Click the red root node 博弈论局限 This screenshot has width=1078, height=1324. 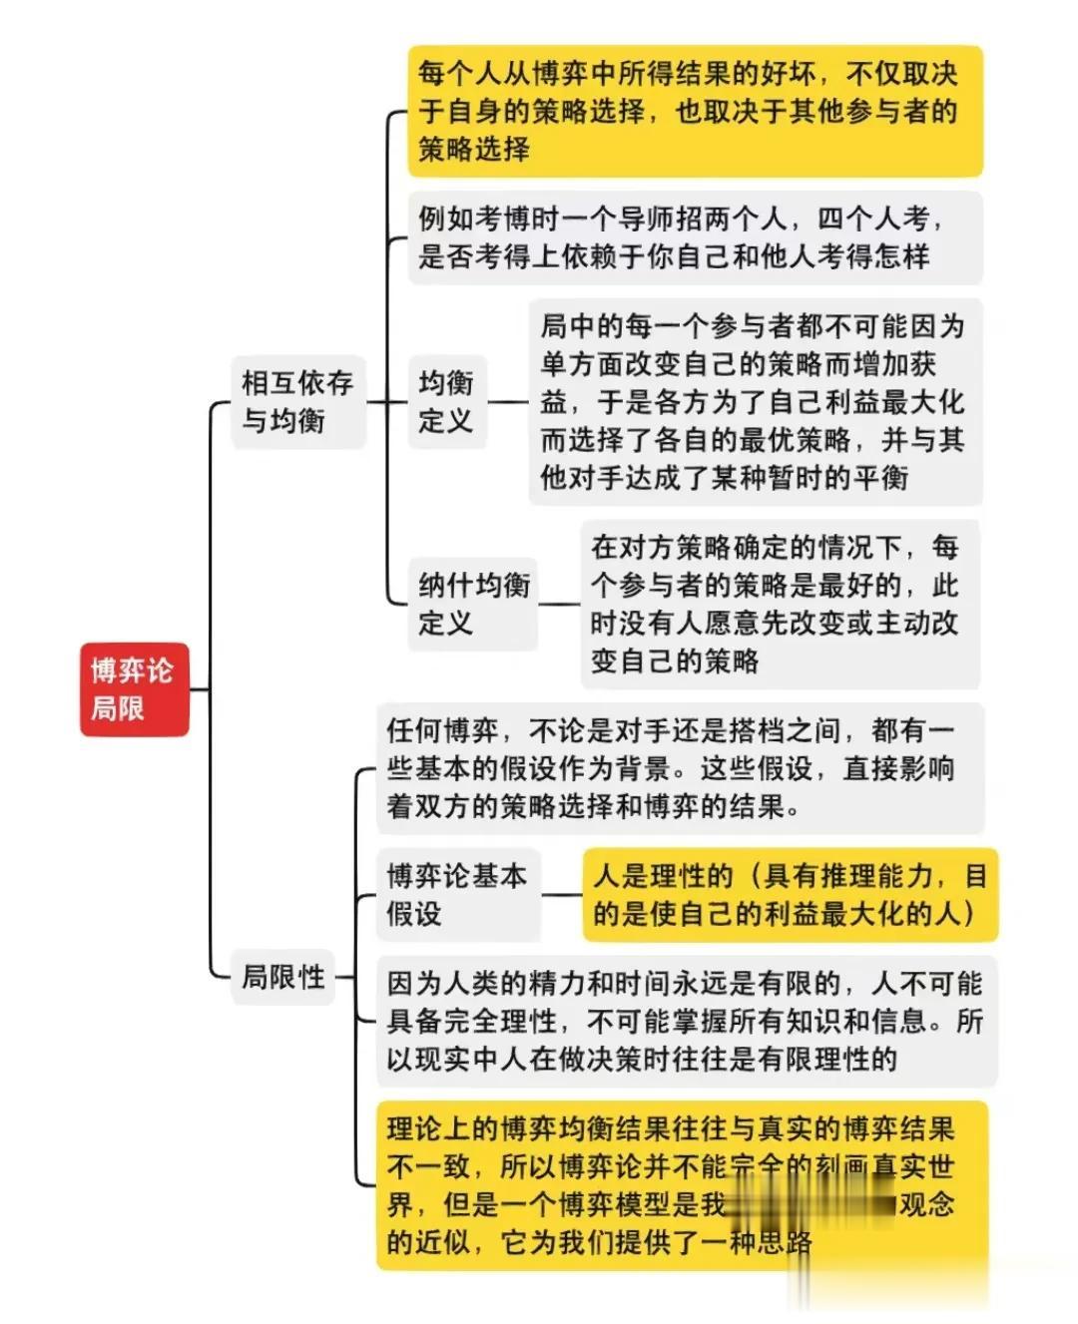pyautogui.click(x=134, y=689)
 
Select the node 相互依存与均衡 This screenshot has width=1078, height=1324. pyautogui.click(x=297, y=401)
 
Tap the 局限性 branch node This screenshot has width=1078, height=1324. pyautogui.click(x=283, y=976)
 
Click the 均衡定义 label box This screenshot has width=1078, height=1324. pyautogui.click(x=445, y=401)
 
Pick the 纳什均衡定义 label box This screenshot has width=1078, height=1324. pyautogui.click(x=474, y=604)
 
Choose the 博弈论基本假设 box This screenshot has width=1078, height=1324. pyautogui.click(x=456, y=894)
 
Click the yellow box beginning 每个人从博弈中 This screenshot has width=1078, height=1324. pyautogui.click(x=695, y=111)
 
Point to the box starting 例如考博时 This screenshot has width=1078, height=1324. pyautogui.click(x=695, y=237)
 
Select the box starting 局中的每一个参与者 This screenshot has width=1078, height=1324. pyautogui.click(x=754, y=401)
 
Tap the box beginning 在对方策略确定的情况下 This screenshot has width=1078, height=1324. pyautogui.click(x=779, y=604)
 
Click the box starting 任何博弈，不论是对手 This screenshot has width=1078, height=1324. pyautogui.click(x=679, y=768)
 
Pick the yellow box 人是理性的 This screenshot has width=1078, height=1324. pyautogui.click(x=790, y=894)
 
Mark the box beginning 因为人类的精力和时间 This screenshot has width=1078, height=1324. pyautogui.click(x=686, y=1021)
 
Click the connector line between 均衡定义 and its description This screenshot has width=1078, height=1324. pyautogui.click(x=508, y=401)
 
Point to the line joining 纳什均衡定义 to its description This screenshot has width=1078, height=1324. pyautogui.click(x=559, y=604)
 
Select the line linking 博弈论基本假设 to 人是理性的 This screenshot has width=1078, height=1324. pyautogui.click(x=562, y=894)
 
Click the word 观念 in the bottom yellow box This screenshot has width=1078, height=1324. pyautogui.click(x=927, y=1204)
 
